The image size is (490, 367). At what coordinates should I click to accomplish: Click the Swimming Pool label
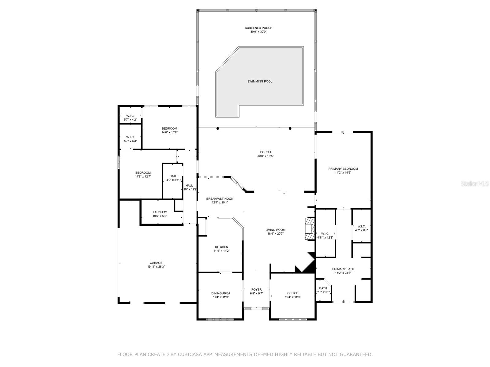[260, 81]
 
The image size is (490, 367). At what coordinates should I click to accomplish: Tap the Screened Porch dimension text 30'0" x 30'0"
[258, 32]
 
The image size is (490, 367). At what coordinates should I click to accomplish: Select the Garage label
[156, 263]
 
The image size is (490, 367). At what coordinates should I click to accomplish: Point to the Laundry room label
[160, 212]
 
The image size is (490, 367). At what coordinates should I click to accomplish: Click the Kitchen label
[221, 247]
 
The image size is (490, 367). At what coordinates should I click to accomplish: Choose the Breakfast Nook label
[220, 198]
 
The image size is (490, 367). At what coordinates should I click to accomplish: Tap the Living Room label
[275, 230]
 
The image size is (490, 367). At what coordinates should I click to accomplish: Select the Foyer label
[256, 289]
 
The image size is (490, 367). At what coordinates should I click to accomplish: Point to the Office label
[292, 293]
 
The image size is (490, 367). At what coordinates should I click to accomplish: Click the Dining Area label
[221, 293]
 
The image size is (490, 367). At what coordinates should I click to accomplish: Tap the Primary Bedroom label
[343, 169]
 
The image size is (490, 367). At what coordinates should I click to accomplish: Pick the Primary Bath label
[343, 269]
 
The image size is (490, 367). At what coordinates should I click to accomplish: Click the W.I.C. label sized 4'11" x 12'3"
[325, 234]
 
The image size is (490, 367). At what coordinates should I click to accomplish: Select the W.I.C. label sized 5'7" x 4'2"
[130, 116]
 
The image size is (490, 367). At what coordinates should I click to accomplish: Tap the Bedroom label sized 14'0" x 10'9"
[169, 128]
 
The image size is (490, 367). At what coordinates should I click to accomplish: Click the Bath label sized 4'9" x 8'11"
[173, 176]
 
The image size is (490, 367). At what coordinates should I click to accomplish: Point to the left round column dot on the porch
[218, 128]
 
